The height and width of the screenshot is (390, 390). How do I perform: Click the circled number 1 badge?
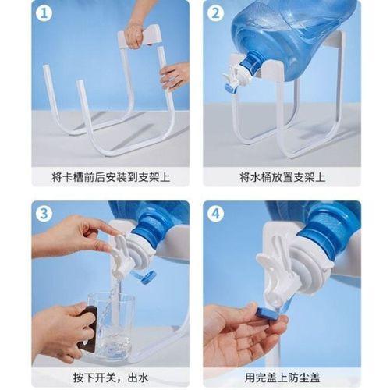point(44,13)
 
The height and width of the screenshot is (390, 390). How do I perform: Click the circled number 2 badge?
point(215,13)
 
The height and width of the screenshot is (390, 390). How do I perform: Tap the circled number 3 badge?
point(44,214)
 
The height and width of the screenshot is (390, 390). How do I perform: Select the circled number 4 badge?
point(215,214)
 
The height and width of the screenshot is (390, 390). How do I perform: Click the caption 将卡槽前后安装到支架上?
point(111,177)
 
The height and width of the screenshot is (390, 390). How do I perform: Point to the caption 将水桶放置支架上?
point(282,177)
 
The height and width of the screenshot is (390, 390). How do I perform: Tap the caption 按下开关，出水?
point(111,378)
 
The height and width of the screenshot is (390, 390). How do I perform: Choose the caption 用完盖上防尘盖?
point(282,378)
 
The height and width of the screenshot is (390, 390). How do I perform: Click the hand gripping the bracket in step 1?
point(134,34)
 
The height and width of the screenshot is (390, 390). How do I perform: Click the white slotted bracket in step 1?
point(140,37)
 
